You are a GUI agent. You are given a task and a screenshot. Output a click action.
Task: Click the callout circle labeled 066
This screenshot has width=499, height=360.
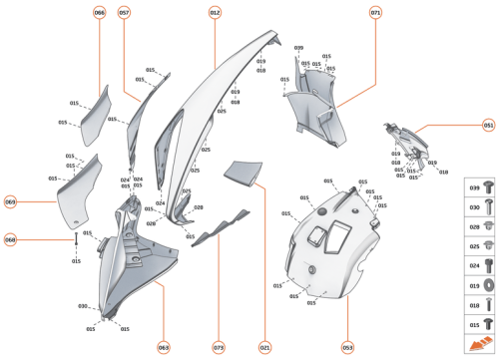100,13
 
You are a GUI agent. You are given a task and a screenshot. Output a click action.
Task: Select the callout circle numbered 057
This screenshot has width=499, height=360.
125,13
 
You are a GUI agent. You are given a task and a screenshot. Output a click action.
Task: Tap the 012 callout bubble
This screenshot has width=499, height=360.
215,13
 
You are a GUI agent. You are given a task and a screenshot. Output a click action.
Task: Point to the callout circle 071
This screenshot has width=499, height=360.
375,13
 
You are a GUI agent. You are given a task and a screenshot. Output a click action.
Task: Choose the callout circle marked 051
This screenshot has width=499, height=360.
488,126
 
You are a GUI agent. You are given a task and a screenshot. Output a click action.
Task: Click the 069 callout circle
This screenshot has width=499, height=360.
11,201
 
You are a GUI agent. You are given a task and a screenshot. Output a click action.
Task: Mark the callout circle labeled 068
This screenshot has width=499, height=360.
11,239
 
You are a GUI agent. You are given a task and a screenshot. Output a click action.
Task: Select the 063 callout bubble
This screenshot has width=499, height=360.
163,347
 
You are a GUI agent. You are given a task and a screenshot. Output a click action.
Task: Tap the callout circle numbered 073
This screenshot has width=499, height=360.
218,347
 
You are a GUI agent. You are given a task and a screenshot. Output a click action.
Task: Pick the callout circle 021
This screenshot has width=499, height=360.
264,347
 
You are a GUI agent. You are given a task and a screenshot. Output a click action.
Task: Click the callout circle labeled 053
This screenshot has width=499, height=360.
347,347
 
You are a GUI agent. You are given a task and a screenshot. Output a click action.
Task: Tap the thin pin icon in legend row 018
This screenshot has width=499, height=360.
488,306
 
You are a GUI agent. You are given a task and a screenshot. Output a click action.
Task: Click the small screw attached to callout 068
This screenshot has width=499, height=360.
75,239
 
